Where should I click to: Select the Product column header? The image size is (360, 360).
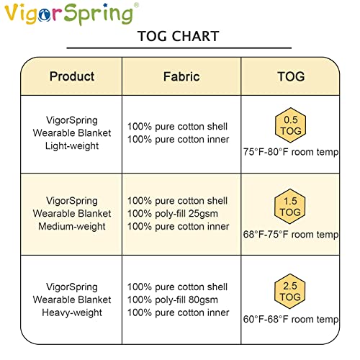pos(71,76)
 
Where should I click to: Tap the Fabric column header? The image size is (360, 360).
pos(181,76)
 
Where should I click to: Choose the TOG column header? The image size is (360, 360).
pos(290,76)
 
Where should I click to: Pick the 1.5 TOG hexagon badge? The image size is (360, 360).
pos(290,207)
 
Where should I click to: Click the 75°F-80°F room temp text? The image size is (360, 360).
pos(291,152)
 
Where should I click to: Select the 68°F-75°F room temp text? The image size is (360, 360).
pos(291,234)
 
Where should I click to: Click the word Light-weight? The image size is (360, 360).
pos(72,146)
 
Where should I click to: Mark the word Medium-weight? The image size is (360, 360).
pos(72,227)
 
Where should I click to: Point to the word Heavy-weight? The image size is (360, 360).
pos(72,312)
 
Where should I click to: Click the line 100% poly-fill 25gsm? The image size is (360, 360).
pos(177,214)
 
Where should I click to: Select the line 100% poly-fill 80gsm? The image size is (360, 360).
pos(177,300)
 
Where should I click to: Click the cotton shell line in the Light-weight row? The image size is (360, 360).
pos(177,127)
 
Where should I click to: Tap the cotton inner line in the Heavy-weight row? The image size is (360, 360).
pos(177,312)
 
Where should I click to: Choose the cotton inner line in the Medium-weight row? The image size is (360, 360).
pos(177,227)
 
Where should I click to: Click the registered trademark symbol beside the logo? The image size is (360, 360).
pos(137,5)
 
